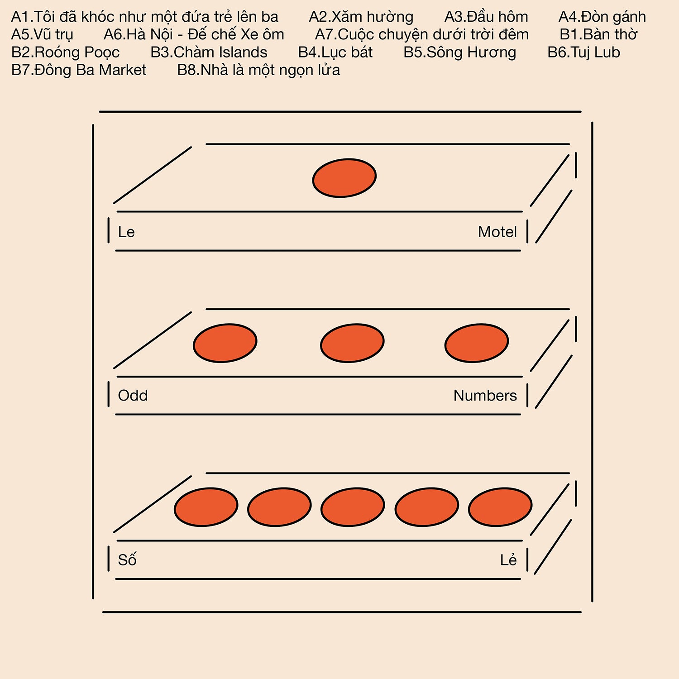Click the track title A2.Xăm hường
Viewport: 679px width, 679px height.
[361, 17]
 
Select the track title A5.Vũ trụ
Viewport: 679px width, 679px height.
[42, 35]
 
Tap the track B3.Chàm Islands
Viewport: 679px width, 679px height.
[209, 53]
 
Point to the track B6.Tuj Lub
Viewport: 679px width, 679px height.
[583, 53]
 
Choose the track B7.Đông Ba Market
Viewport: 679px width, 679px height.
[79, 70]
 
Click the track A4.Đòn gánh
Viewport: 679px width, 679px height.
[602, 17]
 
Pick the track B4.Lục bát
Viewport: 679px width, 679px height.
[335, 53]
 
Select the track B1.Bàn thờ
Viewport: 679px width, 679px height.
[598, 34]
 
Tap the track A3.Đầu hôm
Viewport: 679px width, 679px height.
[486, 17]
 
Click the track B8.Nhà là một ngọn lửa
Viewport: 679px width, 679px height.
[258, 70]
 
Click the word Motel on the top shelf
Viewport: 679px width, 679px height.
[497, 232]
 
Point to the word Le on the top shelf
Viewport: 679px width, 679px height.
[126, 232]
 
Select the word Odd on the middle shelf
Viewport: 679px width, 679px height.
[133, 395]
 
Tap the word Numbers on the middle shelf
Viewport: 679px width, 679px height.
[485, 395]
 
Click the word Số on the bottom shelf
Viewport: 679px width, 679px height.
[127, 559]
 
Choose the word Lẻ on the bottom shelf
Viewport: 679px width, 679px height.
[508, 559]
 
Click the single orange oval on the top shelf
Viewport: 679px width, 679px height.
[344, 178]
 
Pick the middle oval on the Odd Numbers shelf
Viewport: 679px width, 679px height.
[352, 343]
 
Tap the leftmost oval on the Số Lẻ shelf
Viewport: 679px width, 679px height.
[206, 507]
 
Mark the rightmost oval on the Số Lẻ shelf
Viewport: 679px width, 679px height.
[500, 507]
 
